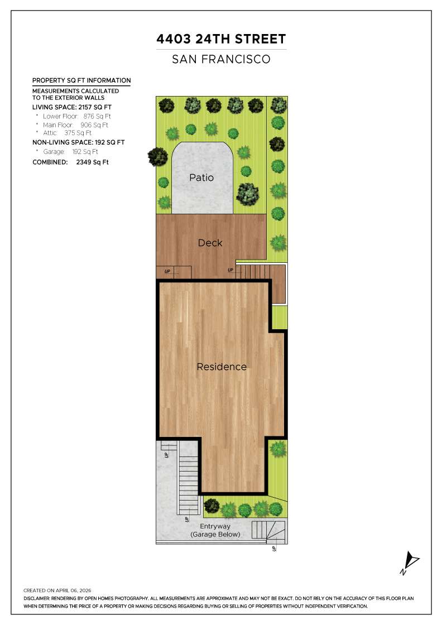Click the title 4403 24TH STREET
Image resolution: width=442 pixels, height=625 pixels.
click(222, 39)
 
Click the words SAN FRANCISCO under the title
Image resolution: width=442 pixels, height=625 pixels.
click(222, 59)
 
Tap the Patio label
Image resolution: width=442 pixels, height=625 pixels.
click(201, 178)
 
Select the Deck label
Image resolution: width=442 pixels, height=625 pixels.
click(210, 243)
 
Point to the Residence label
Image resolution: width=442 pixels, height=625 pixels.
click(221, 367)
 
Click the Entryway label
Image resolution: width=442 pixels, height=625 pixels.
click(215, 526)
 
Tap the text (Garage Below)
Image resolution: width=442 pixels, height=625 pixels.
click(215, 534)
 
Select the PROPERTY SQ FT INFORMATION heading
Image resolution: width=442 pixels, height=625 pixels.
click(81, 80)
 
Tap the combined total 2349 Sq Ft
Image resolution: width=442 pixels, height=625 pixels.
click(93, 162)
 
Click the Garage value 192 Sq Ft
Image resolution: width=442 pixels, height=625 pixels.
click(85, 151)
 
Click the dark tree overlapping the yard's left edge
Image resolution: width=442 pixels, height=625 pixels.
click(158, 156)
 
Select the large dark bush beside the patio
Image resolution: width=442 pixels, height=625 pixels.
click(247, 194)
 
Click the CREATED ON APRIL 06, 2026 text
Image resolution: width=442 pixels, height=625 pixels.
click(57, 590)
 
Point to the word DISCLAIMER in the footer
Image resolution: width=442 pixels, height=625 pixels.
click(37, 598)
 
